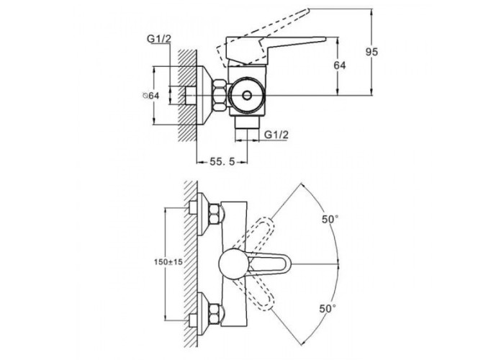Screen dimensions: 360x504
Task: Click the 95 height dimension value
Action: [x=372, y=52]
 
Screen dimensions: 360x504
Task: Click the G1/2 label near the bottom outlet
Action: [x=276, y=135]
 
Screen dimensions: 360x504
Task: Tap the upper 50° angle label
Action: [x=330, y=220]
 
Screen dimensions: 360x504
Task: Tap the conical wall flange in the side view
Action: [x=212, y=94]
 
